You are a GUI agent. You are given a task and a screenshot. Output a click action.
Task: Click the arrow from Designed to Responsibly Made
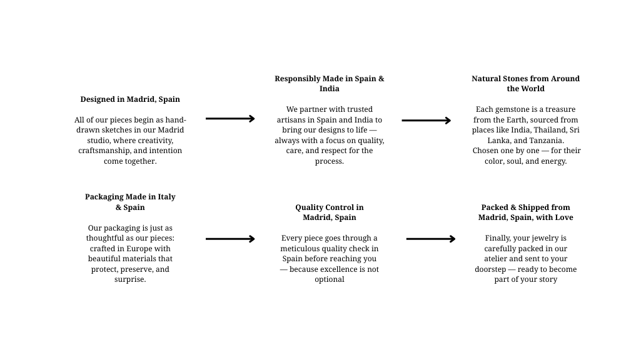pyautogui.click(x=230, y=118)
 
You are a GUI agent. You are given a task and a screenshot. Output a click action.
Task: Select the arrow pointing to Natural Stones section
pyautogui.click(x=426, y=120)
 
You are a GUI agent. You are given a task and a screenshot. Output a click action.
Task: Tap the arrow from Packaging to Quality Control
pyautogui.click(x=230, y=239)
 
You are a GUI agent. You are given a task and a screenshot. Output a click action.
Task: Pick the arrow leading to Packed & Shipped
pyautogui.click(x=431, y=239)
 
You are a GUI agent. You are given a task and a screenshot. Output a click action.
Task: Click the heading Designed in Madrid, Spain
pyautogui.click(x=130, y=99)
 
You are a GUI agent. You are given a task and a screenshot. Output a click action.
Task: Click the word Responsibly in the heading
pyautogui.click(x=297, y=79)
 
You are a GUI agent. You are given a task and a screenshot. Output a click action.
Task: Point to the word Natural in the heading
pyautogui.click(x=487, y=79)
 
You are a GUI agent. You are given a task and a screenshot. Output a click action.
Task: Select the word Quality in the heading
pyautogui.click(x=310, y=207)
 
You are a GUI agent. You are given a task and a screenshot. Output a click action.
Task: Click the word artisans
pyautogui.click(x=293, y=119)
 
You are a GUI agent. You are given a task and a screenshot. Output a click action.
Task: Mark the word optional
pyautogui.click(x=330, y=279)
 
